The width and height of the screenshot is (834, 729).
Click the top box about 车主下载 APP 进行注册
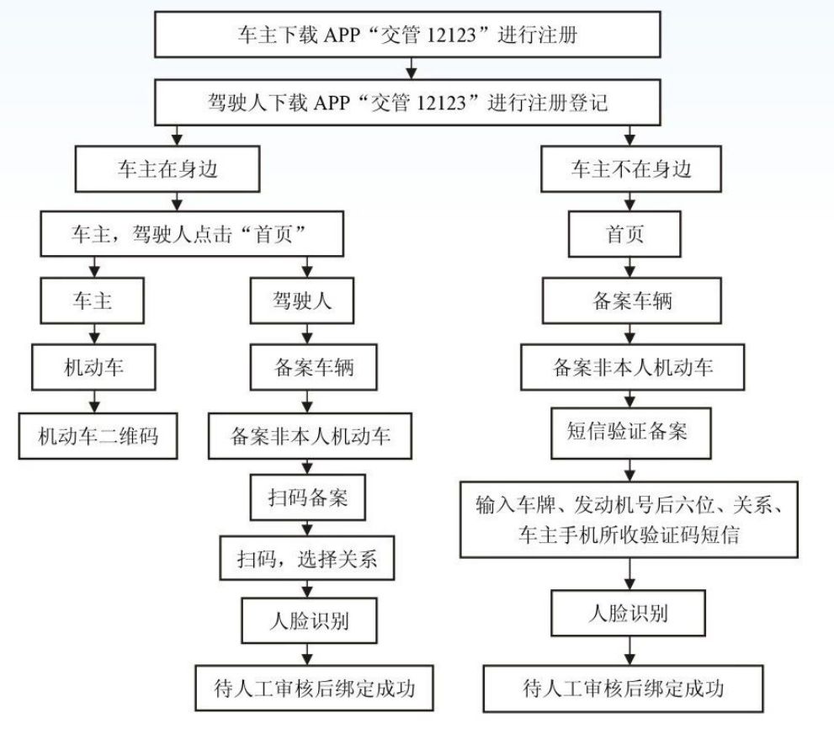tap(407, 35)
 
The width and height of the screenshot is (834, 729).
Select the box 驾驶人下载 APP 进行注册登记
tap(407, 102)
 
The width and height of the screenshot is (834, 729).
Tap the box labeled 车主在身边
tap(167, 168)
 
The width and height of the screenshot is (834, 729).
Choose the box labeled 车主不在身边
tap(631, 168)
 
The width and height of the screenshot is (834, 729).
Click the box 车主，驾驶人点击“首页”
tap(192, 233)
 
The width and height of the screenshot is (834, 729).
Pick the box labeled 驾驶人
tap(302, 301)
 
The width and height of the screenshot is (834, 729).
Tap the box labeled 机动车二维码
tap(98, 436)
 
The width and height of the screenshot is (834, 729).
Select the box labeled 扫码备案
tap(308, 498)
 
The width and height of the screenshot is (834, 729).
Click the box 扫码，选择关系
tap(307, 558)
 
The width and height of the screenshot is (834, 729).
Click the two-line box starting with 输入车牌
tap(629, 519)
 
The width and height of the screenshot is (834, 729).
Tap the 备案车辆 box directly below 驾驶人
tap(314, 367)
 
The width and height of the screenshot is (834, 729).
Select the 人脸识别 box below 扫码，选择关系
tap(309, 620)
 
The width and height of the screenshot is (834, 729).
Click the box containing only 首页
tap(624, 233)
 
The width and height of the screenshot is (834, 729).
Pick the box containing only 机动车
tap(93, 367)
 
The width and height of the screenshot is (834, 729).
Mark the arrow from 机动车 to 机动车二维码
tap(94, 402)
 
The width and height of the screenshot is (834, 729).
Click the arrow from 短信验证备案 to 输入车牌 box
tap(630, 471)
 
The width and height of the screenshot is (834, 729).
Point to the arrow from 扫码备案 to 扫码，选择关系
tap(307, 528)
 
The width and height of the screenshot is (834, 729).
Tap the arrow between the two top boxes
tap(412, 68)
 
